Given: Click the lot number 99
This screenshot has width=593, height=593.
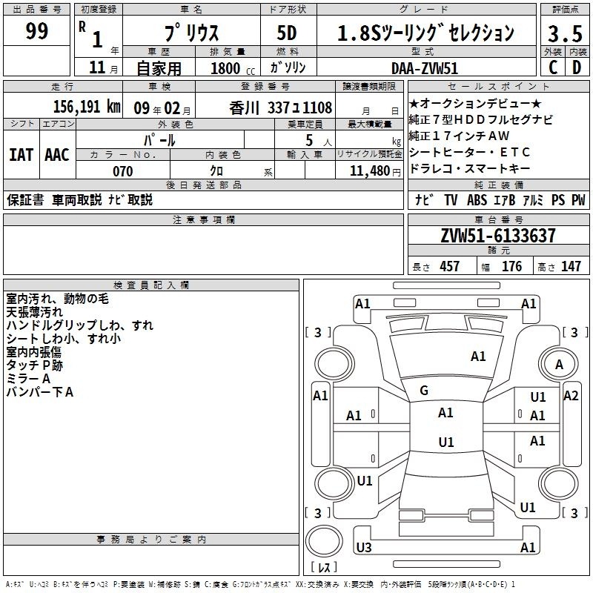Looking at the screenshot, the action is pos(36,31).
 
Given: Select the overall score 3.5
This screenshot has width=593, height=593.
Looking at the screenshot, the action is pos(565,33).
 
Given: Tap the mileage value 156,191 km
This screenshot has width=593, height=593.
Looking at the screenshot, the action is pos(87,107).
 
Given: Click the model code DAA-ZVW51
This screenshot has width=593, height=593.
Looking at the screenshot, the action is pos(425,68).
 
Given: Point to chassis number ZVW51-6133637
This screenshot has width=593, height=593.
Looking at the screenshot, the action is pos(498,236).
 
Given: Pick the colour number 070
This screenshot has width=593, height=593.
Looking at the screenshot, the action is pos(123,171).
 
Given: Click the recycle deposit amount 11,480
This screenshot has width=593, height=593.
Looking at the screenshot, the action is pos(370,171).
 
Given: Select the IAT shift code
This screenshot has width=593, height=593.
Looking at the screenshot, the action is pos(21,155).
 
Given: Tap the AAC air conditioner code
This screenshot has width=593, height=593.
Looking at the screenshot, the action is pos(57,155).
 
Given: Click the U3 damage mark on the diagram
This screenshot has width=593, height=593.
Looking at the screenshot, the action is pos(364,547).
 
